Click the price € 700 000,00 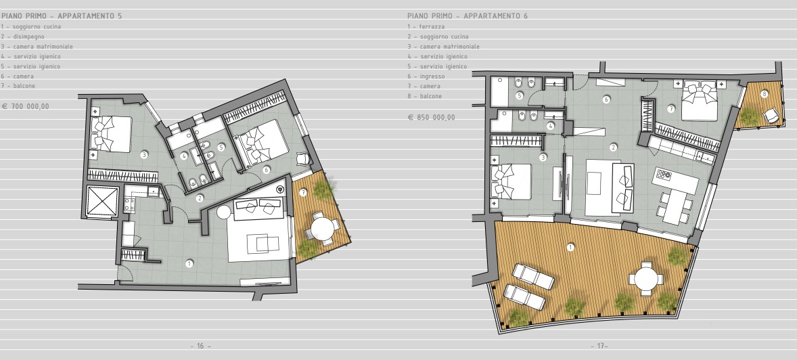click(x=26, y=107)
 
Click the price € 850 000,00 click(x=432, y=118)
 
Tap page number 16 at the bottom click(x=201, y=346)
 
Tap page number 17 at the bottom click(x=599, y=346)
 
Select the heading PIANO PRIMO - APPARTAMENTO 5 click(x=62, y=16)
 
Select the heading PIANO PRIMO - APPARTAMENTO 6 click(x=468, y=16)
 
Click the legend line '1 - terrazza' click(x=426, y=26)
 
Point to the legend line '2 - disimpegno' click(x=22, y=37)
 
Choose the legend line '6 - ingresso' click(x=426, y=76)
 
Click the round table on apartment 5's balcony click(x=322, y=229)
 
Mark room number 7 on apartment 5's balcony click(x=304, y=192)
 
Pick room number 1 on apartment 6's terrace click(x=571, y=248)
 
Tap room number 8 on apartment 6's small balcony click(x=763, y=93)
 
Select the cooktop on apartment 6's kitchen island click(x=663, y=175)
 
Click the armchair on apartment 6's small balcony click(x=772, y=116)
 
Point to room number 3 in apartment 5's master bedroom click(x=144, y=154)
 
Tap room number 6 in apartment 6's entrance click(x=606, y=99)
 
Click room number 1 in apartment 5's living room click(x=189, y=263)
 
